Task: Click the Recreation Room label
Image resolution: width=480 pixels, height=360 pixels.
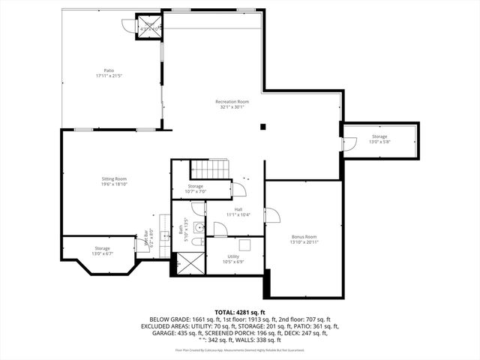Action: (x=232, y=101)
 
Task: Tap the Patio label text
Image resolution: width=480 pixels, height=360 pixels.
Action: (x=109, y=71)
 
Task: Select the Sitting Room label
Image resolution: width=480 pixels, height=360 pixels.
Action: (x=114, y=178)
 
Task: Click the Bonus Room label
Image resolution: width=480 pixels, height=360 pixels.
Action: (x=304, y=235)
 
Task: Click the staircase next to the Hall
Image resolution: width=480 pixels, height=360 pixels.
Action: (x=208, y=169)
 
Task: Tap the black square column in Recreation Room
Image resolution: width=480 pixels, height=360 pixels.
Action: (x=262, y=126)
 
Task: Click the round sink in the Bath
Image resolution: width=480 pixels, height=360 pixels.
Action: (x=199, y=227)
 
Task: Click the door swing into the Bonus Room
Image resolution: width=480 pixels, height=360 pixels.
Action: (x=271, y=216)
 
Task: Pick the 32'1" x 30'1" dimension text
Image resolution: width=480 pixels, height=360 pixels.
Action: (x=232, y=106)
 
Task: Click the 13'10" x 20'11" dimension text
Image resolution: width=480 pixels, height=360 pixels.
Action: (x=304, y=241)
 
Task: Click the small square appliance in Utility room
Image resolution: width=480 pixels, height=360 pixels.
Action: (x=244, y=244)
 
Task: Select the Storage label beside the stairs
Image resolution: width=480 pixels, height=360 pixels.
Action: (x=195, y=186)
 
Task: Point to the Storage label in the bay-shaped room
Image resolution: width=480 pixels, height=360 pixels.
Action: (x=102, y=247)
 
